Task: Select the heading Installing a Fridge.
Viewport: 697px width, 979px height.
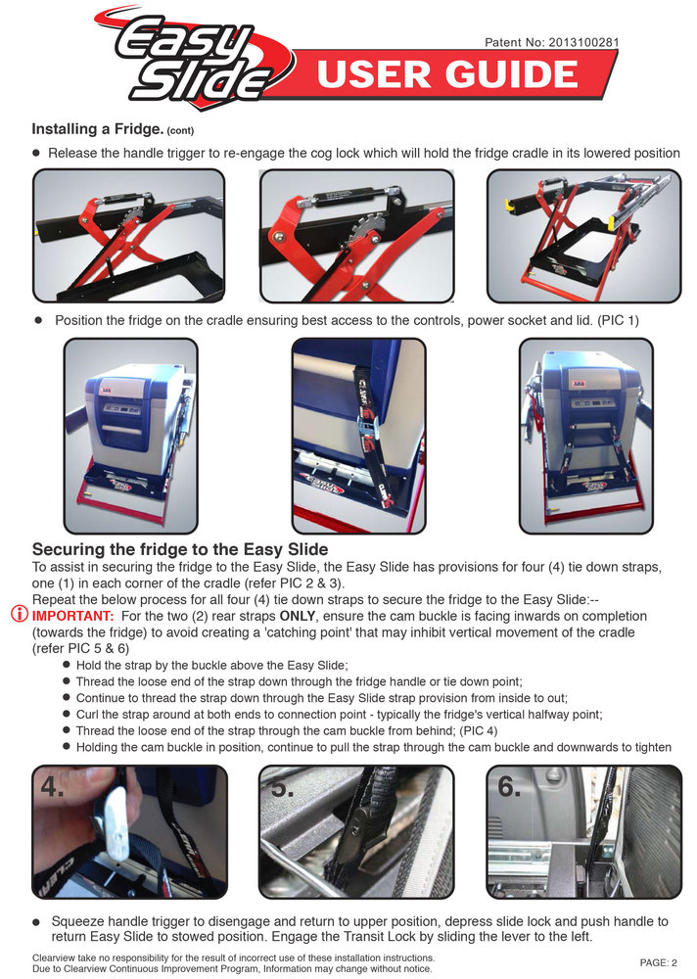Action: [97, 129]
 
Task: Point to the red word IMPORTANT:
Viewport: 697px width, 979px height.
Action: [73, 616]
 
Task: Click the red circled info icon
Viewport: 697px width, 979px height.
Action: [20, 616]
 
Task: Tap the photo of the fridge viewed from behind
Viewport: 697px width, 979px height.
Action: [585, 435]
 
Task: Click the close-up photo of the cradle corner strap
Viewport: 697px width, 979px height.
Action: [358, 435]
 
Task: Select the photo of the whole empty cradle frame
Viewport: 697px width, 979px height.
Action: [583, 235]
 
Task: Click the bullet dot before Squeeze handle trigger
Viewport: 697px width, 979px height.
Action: [36, 921]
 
